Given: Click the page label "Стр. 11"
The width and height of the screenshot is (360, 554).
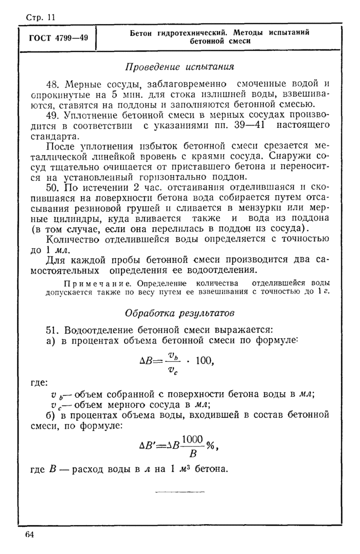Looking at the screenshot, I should click(40, 17).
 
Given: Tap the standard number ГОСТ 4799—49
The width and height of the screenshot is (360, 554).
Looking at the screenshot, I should click(57, 38).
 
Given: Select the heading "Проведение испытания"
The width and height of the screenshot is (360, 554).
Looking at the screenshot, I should click(179, 66).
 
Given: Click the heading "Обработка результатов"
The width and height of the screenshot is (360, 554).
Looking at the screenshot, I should click(179, 312).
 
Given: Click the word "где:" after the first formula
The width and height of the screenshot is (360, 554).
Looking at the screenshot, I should click(38, 382).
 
